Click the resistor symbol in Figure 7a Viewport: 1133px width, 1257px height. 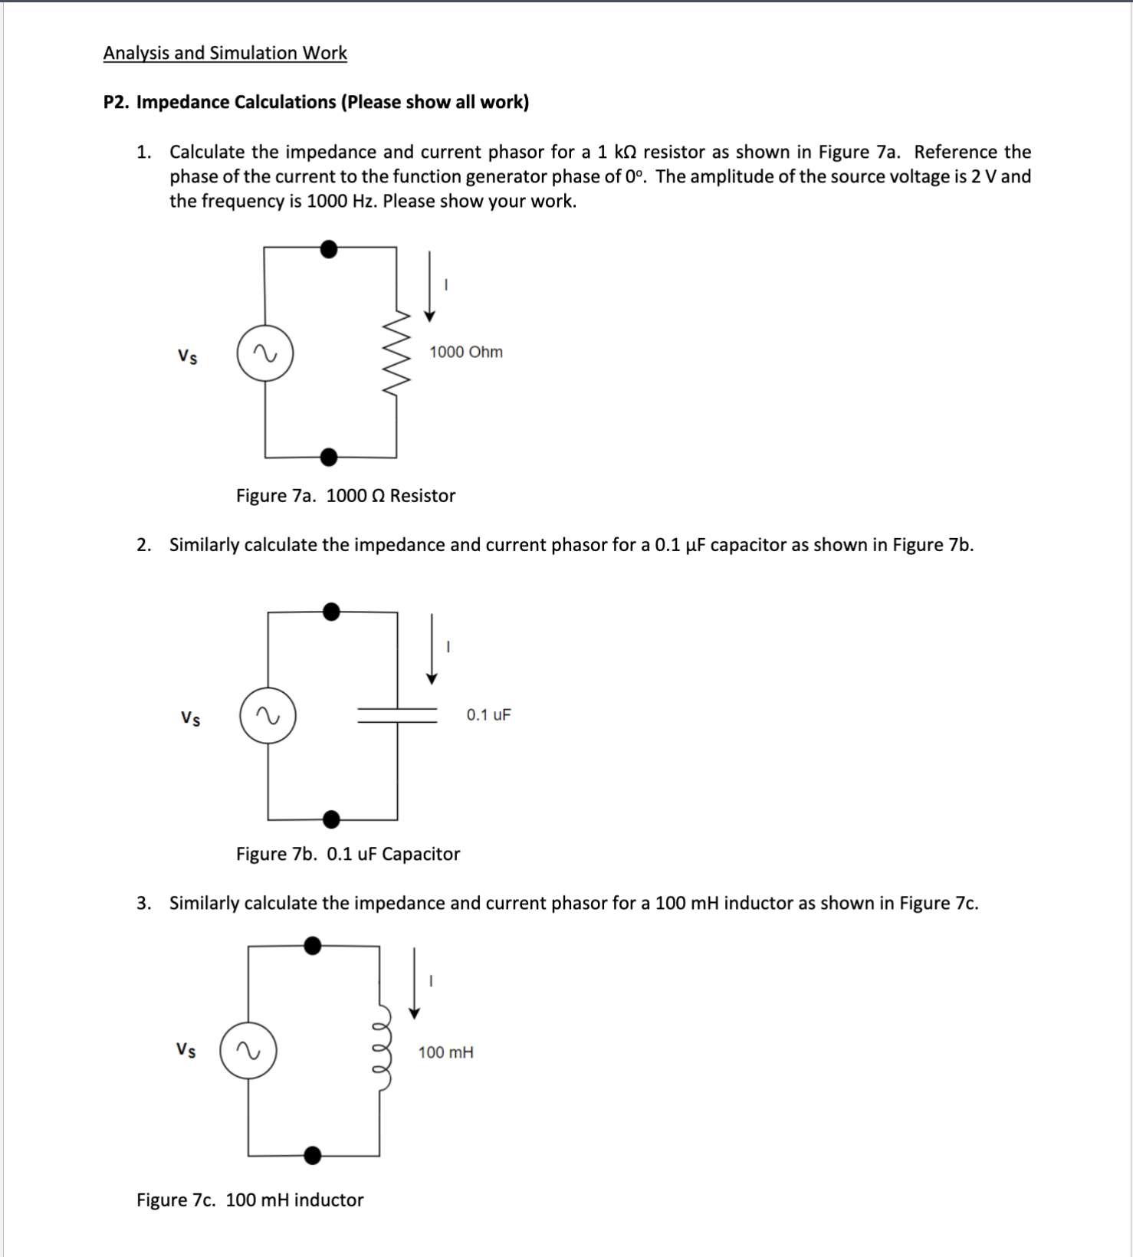click(x=396, y=353)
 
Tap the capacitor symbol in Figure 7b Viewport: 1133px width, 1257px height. click(x=397, y=715)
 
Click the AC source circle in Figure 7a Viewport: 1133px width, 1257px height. click(x=265, y=353)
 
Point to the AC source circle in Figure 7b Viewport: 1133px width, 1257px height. click(x=268, y=715)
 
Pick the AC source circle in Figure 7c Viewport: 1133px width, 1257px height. click(x=248, y=1051)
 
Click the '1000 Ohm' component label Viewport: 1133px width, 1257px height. click(x=466, y=352)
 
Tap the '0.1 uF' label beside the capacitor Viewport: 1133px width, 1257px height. click(x=488, y=715)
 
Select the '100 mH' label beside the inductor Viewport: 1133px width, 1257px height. click(x=445, y=1052)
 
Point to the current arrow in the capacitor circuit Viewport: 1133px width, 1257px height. click(x=432, y=648)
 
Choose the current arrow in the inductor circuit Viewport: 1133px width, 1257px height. click(x=415, y=983)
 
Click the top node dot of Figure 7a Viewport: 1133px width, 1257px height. click(x=329, y=249)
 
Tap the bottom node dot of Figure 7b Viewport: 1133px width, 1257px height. click(x=331, y=819)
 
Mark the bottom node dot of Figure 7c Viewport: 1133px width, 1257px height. click(x=313, y=1155)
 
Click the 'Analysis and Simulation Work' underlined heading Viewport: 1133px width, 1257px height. click(x=225, y=53)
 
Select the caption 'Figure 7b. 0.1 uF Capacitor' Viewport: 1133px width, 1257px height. click(x=348, y=854)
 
